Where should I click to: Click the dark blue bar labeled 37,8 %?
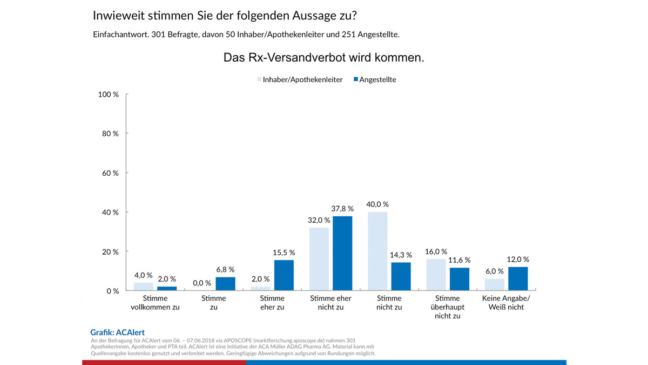pos(342,253)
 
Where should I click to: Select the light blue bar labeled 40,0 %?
pos(377,251)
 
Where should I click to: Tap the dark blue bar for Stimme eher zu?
pos(283,275)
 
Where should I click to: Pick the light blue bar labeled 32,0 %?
pos(319,259)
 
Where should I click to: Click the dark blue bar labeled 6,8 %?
pos(225,284)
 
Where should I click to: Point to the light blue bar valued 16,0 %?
pos(436,275)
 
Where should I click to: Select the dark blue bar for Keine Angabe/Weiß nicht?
pos(518,278)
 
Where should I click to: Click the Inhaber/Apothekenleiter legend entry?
pos(299,79)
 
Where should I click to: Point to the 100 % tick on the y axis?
pos(109,95)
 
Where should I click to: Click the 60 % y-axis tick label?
pos(111,173)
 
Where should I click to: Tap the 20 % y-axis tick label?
pos(111,251)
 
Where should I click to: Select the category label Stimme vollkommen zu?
pos(155,303)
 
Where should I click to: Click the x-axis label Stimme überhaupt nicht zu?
pos(448,307)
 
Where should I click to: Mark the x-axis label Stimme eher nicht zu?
pos(330,303)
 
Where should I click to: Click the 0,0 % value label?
pos(202,283)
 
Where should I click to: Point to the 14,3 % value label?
pos(401,255)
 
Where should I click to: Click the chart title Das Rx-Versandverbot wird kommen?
pos(323,58)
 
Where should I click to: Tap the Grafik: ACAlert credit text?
pos(117,333)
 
